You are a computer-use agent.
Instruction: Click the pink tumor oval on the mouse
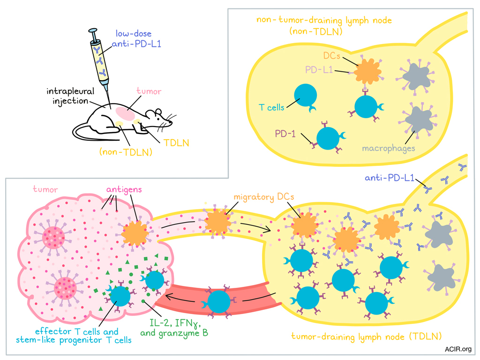pos(125,112)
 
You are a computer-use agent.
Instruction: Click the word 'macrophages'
pos(389,148)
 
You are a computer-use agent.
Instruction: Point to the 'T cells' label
pos(271,107)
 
